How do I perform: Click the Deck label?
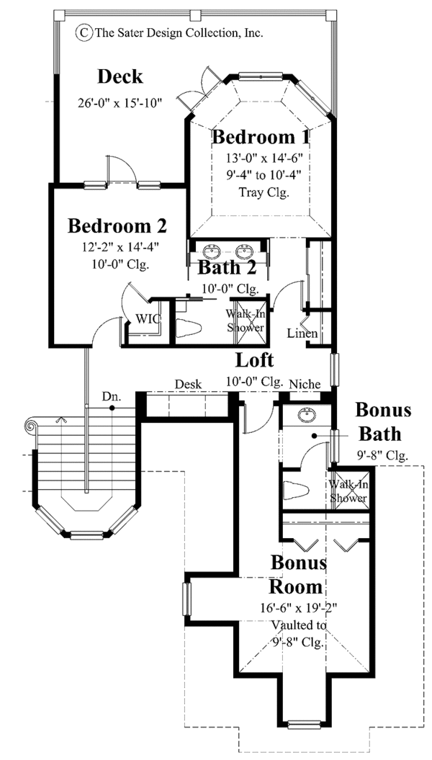120,77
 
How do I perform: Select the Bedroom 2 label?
117,226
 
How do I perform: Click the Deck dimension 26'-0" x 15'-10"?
120,102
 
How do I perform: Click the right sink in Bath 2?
243,252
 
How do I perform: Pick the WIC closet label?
148,318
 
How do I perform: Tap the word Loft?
255,359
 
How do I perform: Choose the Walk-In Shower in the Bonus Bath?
349,491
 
